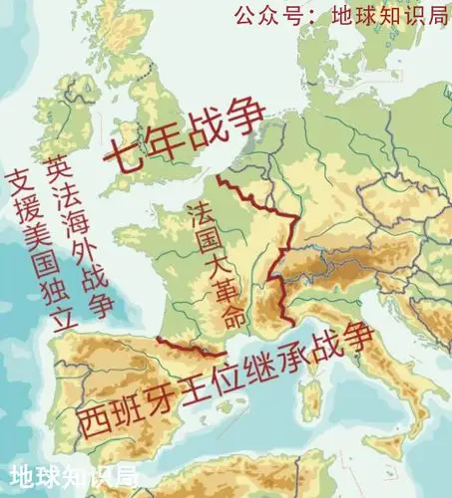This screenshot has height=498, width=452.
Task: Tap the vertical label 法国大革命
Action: point(214,264)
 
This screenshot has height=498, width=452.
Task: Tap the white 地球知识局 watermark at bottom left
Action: point(75,478)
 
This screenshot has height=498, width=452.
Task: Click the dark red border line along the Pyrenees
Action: point(195,348)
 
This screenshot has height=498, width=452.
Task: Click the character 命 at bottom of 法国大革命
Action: point(232,319)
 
